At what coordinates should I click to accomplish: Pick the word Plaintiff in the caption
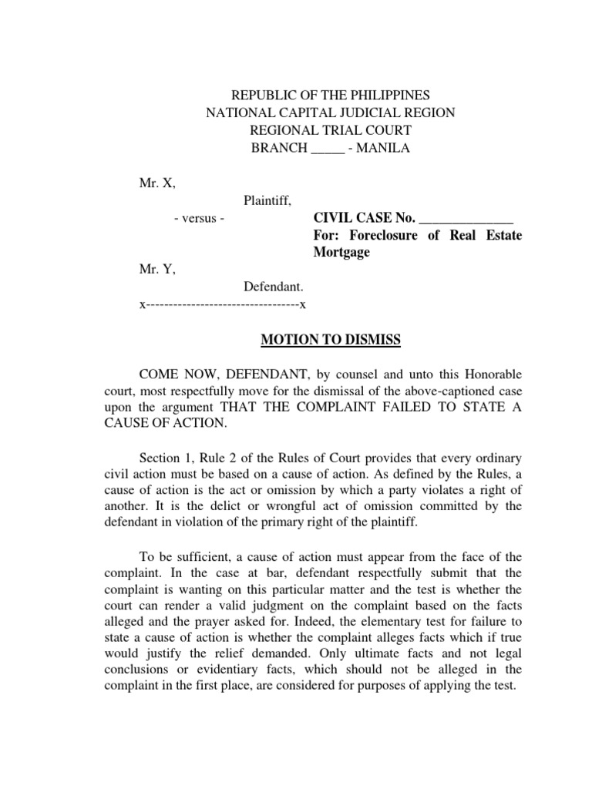tap(267, 201)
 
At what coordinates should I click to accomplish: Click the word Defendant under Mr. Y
tap(269, 287)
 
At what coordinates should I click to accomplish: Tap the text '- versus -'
tap(199, 219)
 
